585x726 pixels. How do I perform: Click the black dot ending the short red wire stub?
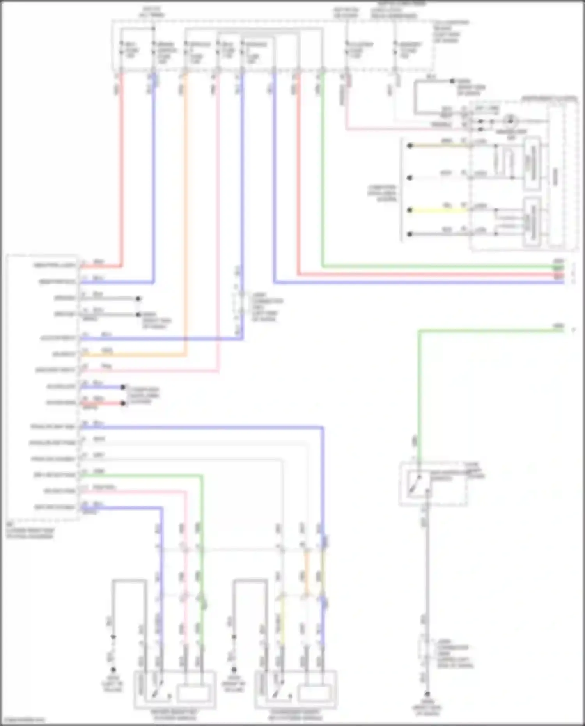coord(123,403)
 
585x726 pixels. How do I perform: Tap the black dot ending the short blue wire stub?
coord(123,387)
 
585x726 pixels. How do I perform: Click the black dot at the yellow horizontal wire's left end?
coord(410,210)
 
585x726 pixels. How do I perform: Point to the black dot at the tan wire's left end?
coord(410,146)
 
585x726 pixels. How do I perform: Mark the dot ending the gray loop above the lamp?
coord(452,81)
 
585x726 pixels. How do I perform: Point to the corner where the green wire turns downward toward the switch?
coord(419,331)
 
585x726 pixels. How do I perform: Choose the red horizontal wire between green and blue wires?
coord(429,275)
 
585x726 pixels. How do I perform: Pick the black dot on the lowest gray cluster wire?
coord(410,234)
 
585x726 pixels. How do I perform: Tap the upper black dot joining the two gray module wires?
coord(138,299)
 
